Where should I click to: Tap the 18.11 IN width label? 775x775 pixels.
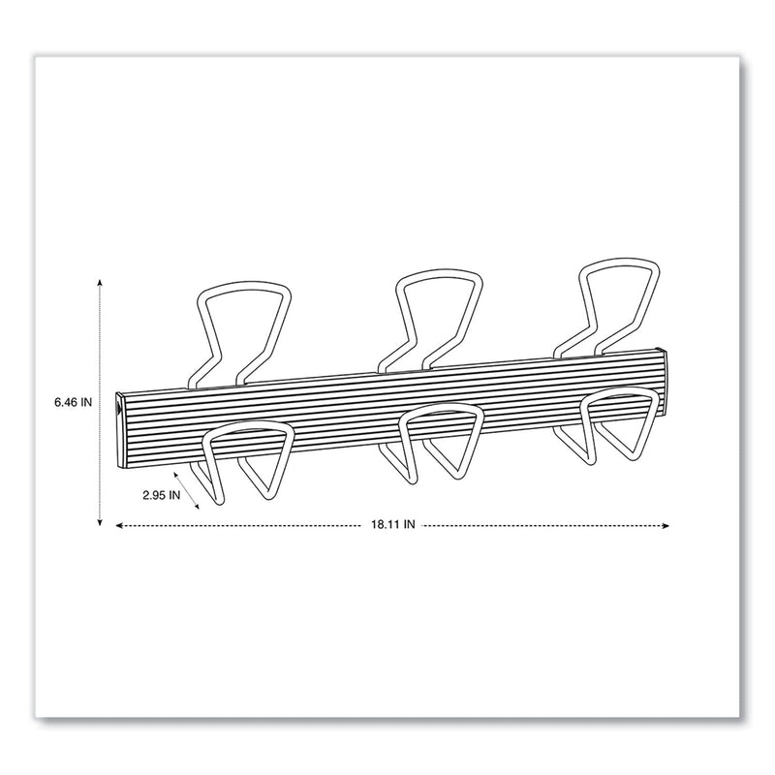pyautogui.click(x=391, y=525)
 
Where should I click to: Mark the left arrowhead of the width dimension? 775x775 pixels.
pyautogui.click(x=119, y=525)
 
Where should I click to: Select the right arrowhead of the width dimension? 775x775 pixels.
pyautogui.click(x=666, y=525)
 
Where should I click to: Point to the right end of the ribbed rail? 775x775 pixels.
pyautogui.click(x=662, y=369)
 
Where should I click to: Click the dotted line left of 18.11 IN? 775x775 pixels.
pyautogui.click(x=242, y=525)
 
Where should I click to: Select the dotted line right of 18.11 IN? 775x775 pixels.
pyautogui.click(x=542, y=525)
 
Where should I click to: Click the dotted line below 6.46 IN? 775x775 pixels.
pyautogui.click(x=100, y=455)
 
